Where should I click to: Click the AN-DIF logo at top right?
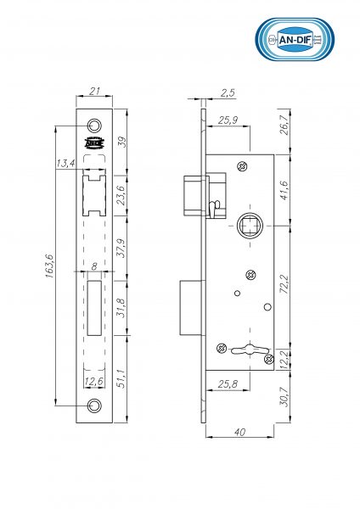click(295, 41)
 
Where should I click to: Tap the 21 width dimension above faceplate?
click(94, 91)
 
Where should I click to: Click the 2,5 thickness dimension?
click(228, 91)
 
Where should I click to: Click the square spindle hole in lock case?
click(251, 227)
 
